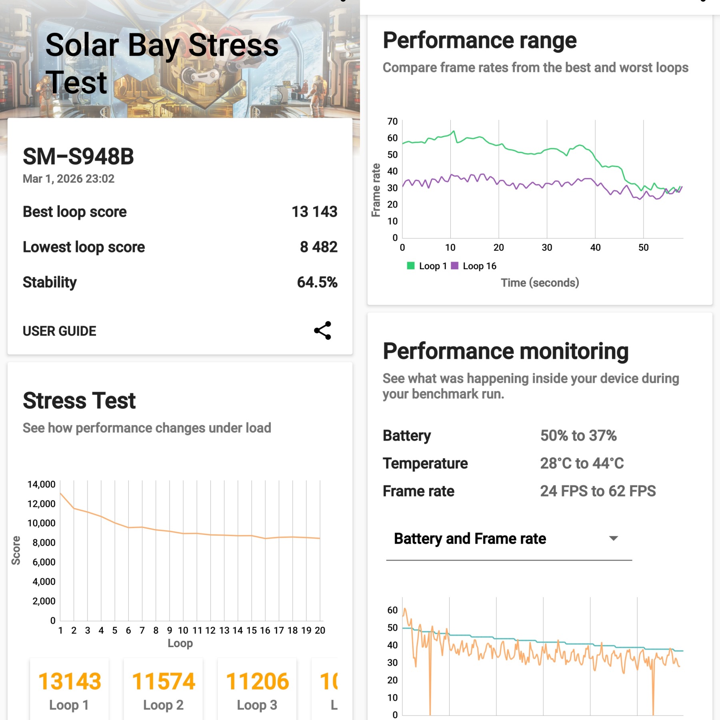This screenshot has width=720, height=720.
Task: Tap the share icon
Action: click(322, 330)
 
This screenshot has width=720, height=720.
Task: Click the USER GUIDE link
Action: click(59, 331)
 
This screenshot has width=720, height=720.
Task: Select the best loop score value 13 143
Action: click(314, 212)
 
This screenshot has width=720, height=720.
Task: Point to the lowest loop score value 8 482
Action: click(318, 247)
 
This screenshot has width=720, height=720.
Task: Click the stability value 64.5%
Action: click(317, 282)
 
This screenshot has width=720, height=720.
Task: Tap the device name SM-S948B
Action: click(78, 156)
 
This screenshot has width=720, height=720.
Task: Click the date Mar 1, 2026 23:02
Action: click(68, 178)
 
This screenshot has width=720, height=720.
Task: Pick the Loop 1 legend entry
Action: click(427, 266)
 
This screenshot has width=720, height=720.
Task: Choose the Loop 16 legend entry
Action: click(474, 266)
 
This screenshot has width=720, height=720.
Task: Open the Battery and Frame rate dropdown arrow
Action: click(613, 538)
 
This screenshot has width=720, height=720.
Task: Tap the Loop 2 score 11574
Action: click(163, 682)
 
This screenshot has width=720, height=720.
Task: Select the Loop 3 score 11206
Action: click(257, 682)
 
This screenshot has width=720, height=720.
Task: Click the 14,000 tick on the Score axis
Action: click(41, 484)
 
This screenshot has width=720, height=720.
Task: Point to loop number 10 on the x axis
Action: click(183, 630)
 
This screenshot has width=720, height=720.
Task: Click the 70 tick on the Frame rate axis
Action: click(392, 121)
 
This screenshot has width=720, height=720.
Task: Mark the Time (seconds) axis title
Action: click(540, 283)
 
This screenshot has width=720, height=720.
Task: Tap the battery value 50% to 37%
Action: click(578, 436)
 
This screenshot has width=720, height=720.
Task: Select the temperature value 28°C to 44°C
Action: click(582, 463)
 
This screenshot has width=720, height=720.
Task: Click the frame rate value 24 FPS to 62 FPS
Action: click(598, 491)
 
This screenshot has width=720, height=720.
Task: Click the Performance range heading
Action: click(480, 40)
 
